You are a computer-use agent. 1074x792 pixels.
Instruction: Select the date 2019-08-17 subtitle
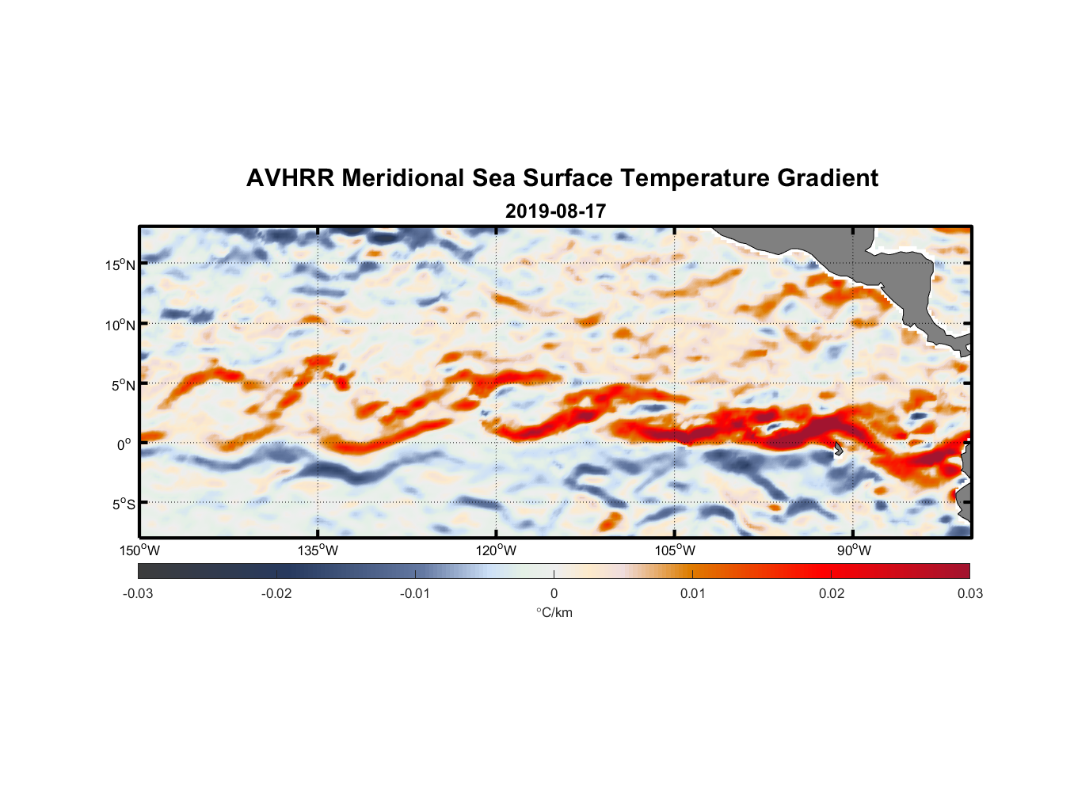555,211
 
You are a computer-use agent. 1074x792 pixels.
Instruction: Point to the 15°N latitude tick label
120,265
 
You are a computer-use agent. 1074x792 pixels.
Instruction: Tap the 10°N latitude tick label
120,325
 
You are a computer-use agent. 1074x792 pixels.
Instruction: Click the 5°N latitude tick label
123,385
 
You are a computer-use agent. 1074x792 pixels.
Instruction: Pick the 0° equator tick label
124,444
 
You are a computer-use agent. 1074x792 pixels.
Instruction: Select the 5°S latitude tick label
123,504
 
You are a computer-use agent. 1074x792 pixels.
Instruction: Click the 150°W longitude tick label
140,550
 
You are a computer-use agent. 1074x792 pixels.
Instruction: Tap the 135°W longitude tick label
318,550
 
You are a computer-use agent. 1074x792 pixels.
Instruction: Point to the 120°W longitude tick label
497,550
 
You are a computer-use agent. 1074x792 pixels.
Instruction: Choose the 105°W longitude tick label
675,550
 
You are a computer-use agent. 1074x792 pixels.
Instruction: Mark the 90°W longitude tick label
854,550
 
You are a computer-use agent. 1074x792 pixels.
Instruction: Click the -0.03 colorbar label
138,594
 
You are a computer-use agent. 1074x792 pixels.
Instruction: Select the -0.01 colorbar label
415,594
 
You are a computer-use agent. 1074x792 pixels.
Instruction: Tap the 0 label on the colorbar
554,594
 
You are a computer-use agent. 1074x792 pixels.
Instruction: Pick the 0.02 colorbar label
832,594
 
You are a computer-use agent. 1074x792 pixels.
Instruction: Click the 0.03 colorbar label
969,594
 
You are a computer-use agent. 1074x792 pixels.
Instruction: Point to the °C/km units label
554,612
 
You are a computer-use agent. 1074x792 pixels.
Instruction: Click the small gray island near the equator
838,449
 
